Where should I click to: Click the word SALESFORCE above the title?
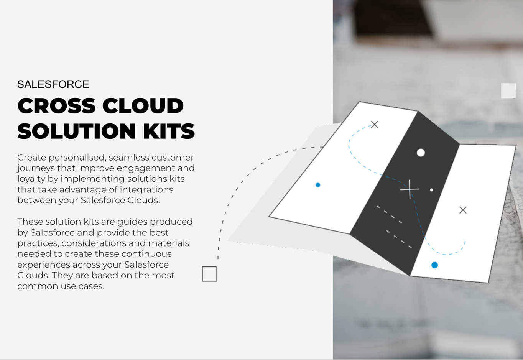(x=53, y=84)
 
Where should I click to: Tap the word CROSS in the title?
(x=56, y=106)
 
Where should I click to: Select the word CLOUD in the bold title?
(x=143, y=106)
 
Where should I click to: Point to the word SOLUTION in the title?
(x=77, y=131)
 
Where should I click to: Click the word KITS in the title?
(x=169, y=131)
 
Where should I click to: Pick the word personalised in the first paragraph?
(x=77, y=158)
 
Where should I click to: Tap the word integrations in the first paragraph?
(x=146, y=189)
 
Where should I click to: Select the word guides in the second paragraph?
(x=132, y=222)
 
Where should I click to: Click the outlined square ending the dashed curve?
(x=209, y=274)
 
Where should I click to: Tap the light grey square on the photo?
(x=508, y=90)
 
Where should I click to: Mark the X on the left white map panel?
(x=375, y=125)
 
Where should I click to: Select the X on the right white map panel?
(x=463, y=210)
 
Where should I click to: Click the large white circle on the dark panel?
(x=421, y=153)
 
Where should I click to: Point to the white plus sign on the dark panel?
(x=410, y=189)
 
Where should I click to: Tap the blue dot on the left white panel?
(x=318, y=185)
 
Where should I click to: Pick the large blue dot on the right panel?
(x=434, y=265)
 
